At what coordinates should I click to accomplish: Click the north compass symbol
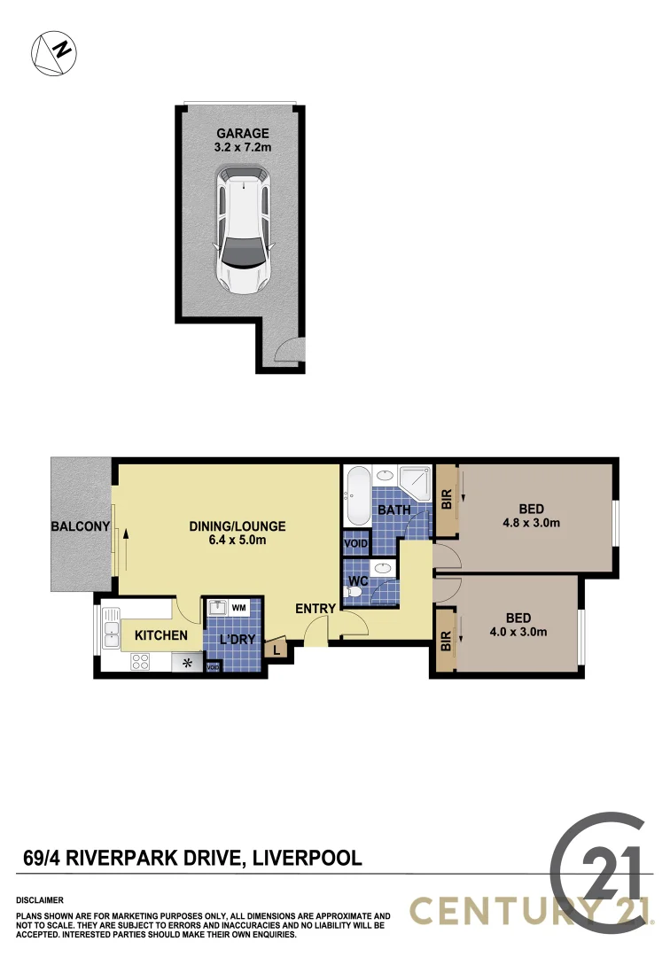(54, 51)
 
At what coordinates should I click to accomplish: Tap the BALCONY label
(80, 526)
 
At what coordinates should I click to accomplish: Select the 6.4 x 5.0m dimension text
(238, 541)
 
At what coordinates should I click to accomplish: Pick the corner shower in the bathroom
(413, 481)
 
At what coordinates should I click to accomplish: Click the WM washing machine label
(238, 608)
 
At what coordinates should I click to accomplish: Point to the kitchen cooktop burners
(140, 660)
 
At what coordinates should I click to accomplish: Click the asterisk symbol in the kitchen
(187, 661)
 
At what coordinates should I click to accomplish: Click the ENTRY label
(316, 608)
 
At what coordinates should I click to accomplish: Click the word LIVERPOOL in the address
(308, 858)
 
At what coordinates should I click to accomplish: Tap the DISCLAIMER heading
(40, 899)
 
